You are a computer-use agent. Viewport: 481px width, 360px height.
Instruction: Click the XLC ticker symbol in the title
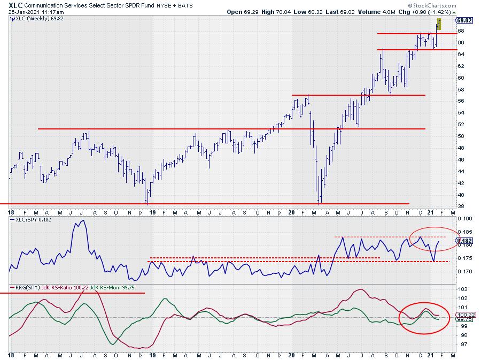[x=15, y=4]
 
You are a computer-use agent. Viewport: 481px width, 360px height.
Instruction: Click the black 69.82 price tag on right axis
[x=463, y=20]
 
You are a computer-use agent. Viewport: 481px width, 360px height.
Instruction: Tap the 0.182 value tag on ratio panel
[x=463, y=241]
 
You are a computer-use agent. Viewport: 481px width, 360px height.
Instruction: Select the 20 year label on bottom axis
[x=292, y=355]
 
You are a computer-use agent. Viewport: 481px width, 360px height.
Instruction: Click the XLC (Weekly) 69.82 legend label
[x=33, y=18]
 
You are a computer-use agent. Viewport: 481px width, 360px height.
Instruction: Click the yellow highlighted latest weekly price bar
[x=439, y=24]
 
